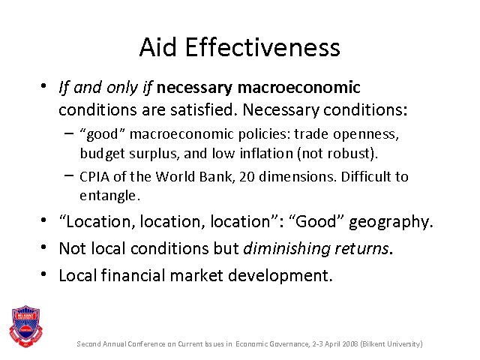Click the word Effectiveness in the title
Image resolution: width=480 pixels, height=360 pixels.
click(262, 47)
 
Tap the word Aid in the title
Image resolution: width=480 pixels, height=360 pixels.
click(158, 47)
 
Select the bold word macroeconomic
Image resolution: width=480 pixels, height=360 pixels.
click(298, 87)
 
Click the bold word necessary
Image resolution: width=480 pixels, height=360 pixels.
click(194, 88)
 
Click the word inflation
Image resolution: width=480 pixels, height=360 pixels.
click(266, 153)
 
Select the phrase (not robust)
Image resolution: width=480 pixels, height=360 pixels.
click(337, 153)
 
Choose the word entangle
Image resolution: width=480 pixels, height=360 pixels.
click(110, 196)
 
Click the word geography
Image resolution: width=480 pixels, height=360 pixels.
click(391, 222)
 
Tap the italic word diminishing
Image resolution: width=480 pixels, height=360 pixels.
click(286, 248)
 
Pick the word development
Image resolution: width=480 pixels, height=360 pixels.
click(280, 275)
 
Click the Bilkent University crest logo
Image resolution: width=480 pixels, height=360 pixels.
click(25, 326)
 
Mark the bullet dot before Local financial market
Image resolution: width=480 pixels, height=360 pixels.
click(43, 274)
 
